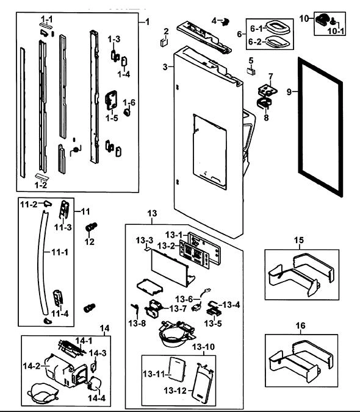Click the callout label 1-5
[112, 118]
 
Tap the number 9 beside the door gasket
[289, 92]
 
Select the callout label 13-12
[175, 391]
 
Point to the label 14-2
[32, 366]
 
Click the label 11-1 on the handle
[60, 252]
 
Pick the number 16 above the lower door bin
[301, 326]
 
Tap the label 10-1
[336, 31]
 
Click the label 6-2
[255, 42]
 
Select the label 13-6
[184, 299]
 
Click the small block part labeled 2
[164, 42]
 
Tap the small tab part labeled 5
[251, 71]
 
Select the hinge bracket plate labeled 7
[268, 90]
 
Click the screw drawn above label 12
[92, 227]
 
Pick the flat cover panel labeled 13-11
[178, 369]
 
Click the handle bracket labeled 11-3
[64, 210]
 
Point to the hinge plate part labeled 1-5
[111, 100]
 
